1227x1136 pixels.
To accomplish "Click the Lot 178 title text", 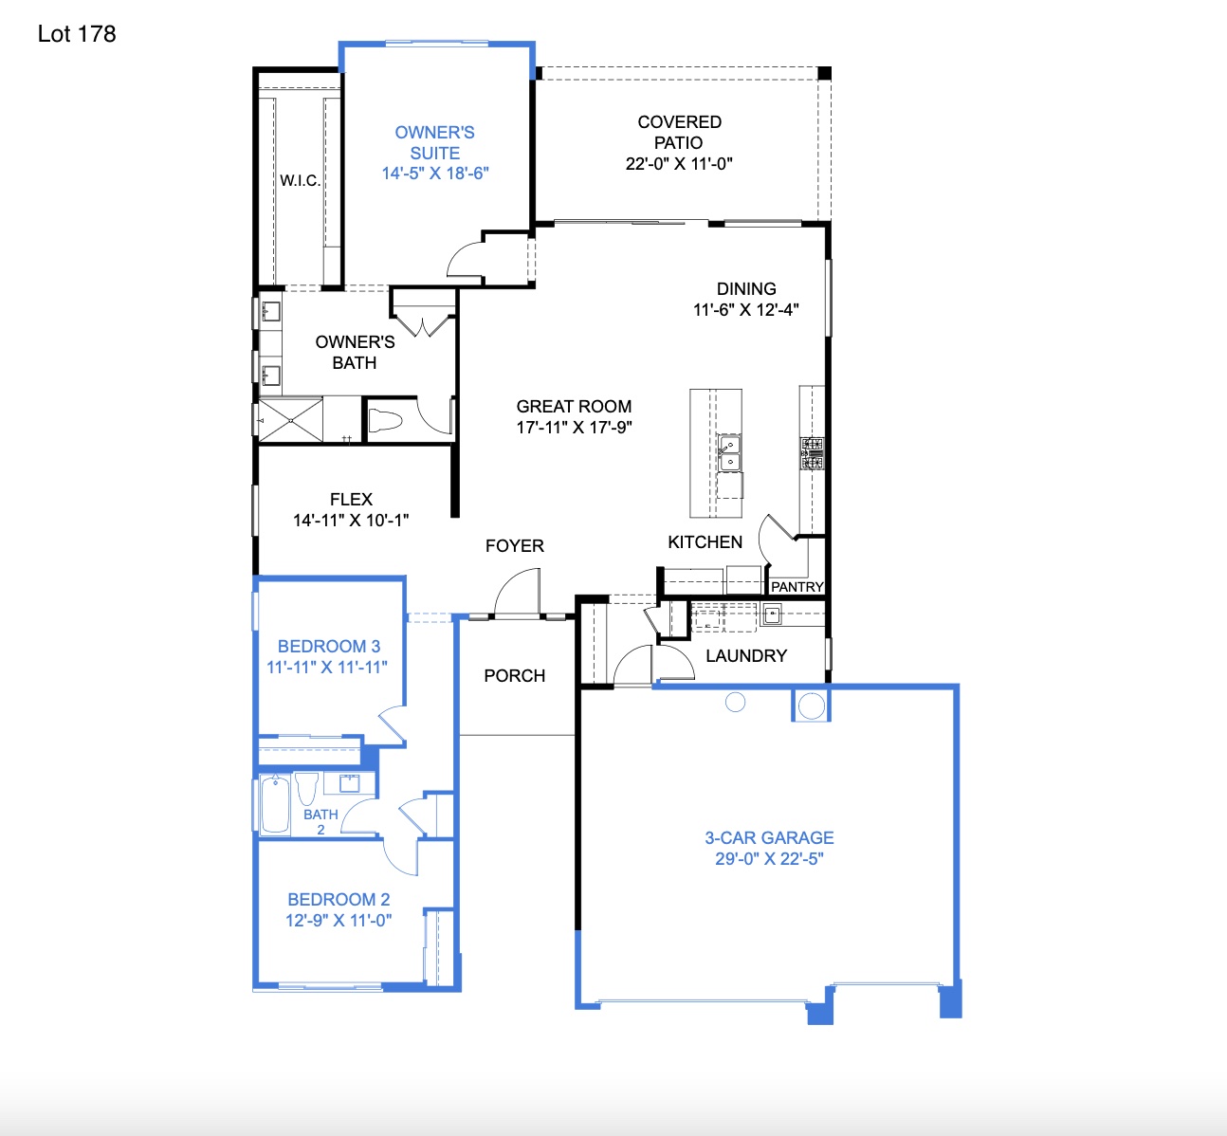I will pos(77,34).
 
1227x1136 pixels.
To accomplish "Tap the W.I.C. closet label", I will pos(300,180).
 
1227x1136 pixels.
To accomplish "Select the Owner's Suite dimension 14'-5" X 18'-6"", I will pos(435,174).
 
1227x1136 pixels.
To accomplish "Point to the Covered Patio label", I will pos(679,132).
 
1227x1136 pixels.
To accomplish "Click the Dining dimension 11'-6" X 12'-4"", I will pos(746,310).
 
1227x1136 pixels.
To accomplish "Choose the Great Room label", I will pos(574,406).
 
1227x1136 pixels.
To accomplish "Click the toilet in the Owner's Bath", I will pos(385,420).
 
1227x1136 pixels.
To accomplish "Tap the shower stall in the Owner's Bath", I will pos(291,419).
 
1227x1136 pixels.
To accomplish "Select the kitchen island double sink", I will pos(729,453).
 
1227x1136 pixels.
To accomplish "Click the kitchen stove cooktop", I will pos(813,453).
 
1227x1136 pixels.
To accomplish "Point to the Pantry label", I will pos(797,587).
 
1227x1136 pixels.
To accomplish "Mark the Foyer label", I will pos(514,546).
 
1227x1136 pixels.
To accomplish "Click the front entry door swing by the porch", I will pos(518,594).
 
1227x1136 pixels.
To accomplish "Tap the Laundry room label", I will pos(746,656).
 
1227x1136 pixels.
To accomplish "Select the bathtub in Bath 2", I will pos(275,804).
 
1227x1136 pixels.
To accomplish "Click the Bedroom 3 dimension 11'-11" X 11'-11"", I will pos(327,668).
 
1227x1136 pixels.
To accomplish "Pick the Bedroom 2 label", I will pos(339,899).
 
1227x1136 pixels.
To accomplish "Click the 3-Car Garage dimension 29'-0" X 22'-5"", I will pos(769,859).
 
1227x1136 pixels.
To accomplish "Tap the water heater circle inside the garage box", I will pos(811,705).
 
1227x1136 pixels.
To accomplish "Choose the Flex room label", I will pos(351,500).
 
